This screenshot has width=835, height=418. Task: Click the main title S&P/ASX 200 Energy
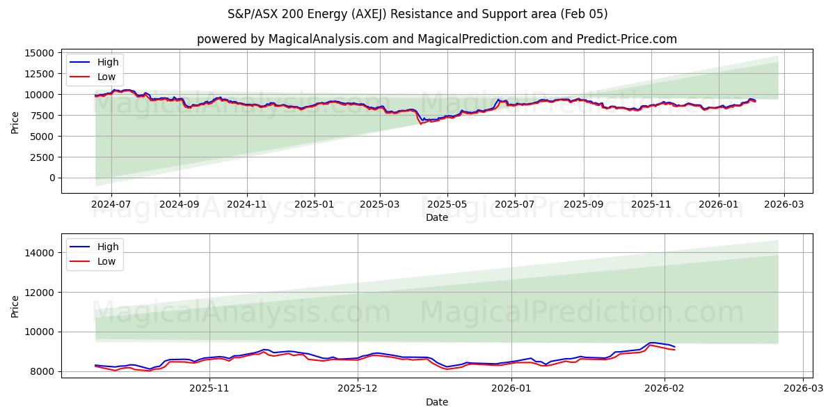pos(417,14)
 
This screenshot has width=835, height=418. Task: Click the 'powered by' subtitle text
pos(436,39)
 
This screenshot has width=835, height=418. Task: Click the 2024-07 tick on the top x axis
pos(111,205)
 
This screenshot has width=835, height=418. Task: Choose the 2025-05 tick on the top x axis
pos(447,205)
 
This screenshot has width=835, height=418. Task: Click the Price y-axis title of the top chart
pos(15,122)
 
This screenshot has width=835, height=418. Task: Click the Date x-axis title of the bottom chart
pos(436,402)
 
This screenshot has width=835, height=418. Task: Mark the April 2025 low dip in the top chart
pos(420,123)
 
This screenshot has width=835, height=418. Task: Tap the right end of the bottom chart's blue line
pos(674,347)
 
